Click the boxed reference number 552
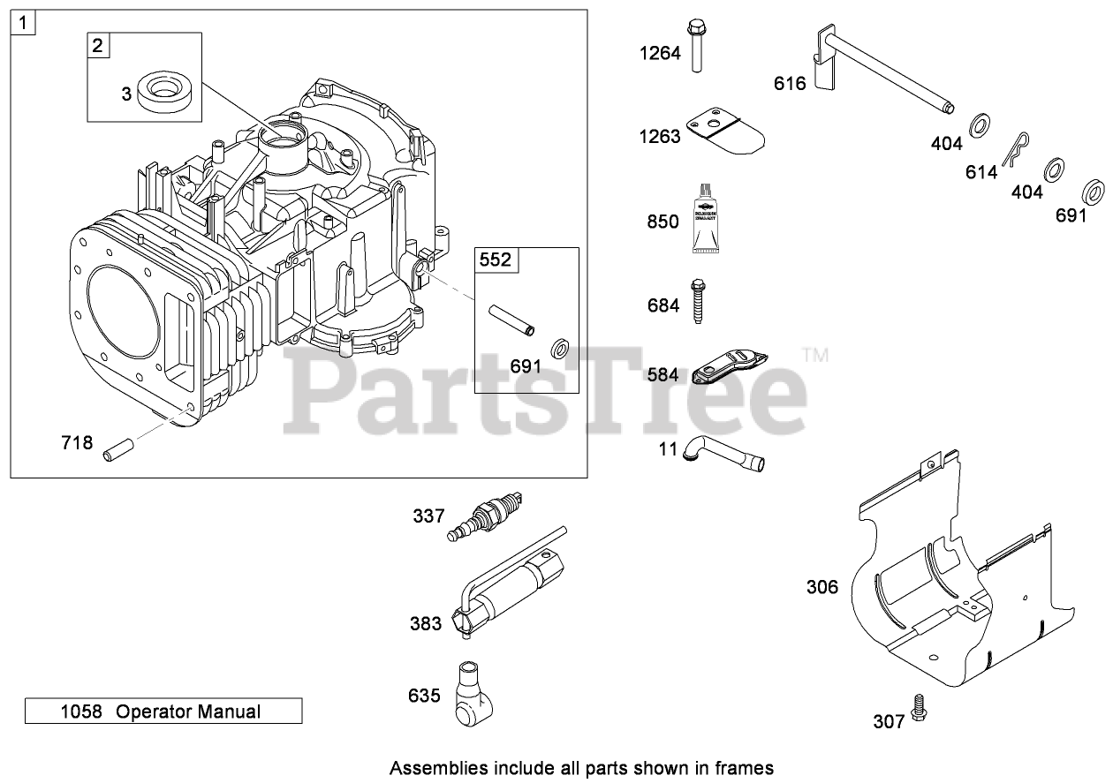496,259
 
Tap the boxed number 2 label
99,46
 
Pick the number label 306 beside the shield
822,587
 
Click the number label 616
790,83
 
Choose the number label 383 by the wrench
426,624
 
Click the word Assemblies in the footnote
435,768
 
